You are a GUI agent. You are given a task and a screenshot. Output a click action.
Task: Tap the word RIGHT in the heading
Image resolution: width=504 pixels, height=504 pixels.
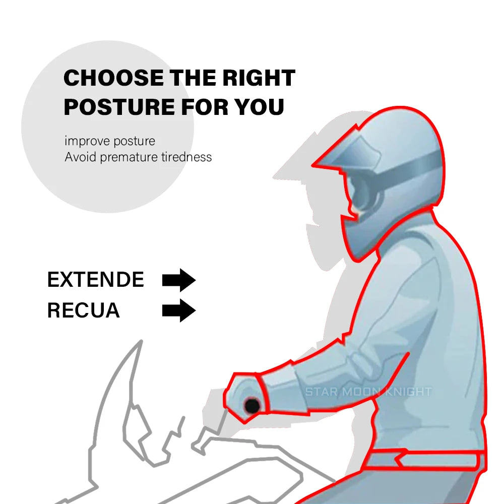point(259,78)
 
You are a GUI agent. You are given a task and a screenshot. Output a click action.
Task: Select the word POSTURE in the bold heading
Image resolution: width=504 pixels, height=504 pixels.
point(119,107)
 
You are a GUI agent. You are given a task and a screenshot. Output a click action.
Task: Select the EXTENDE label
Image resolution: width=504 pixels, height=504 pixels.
point(95,279)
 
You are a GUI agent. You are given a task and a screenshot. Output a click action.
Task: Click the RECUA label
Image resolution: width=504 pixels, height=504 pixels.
point(84,310)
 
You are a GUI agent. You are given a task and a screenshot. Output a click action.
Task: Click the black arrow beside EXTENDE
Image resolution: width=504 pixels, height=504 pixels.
point(179,280)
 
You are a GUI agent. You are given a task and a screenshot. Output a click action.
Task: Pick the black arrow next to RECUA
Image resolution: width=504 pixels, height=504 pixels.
point(179,310)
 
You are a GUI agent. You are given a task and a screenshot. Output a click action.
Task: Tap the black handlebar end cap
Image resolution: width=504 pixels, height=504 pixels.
point(252,406)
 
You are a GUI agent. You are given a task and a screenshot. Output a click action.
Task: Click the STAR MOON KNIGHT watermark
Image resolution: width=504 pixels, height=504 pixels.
point(368,392)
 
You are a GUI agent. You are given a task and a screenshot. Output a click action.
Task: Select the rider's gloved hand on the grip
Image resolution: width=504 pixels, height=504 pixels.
point(246,397)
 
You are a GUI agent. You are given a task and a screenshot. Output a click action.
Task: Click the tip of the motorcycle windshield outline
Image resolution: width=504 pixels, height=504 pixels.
point(142,341)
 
